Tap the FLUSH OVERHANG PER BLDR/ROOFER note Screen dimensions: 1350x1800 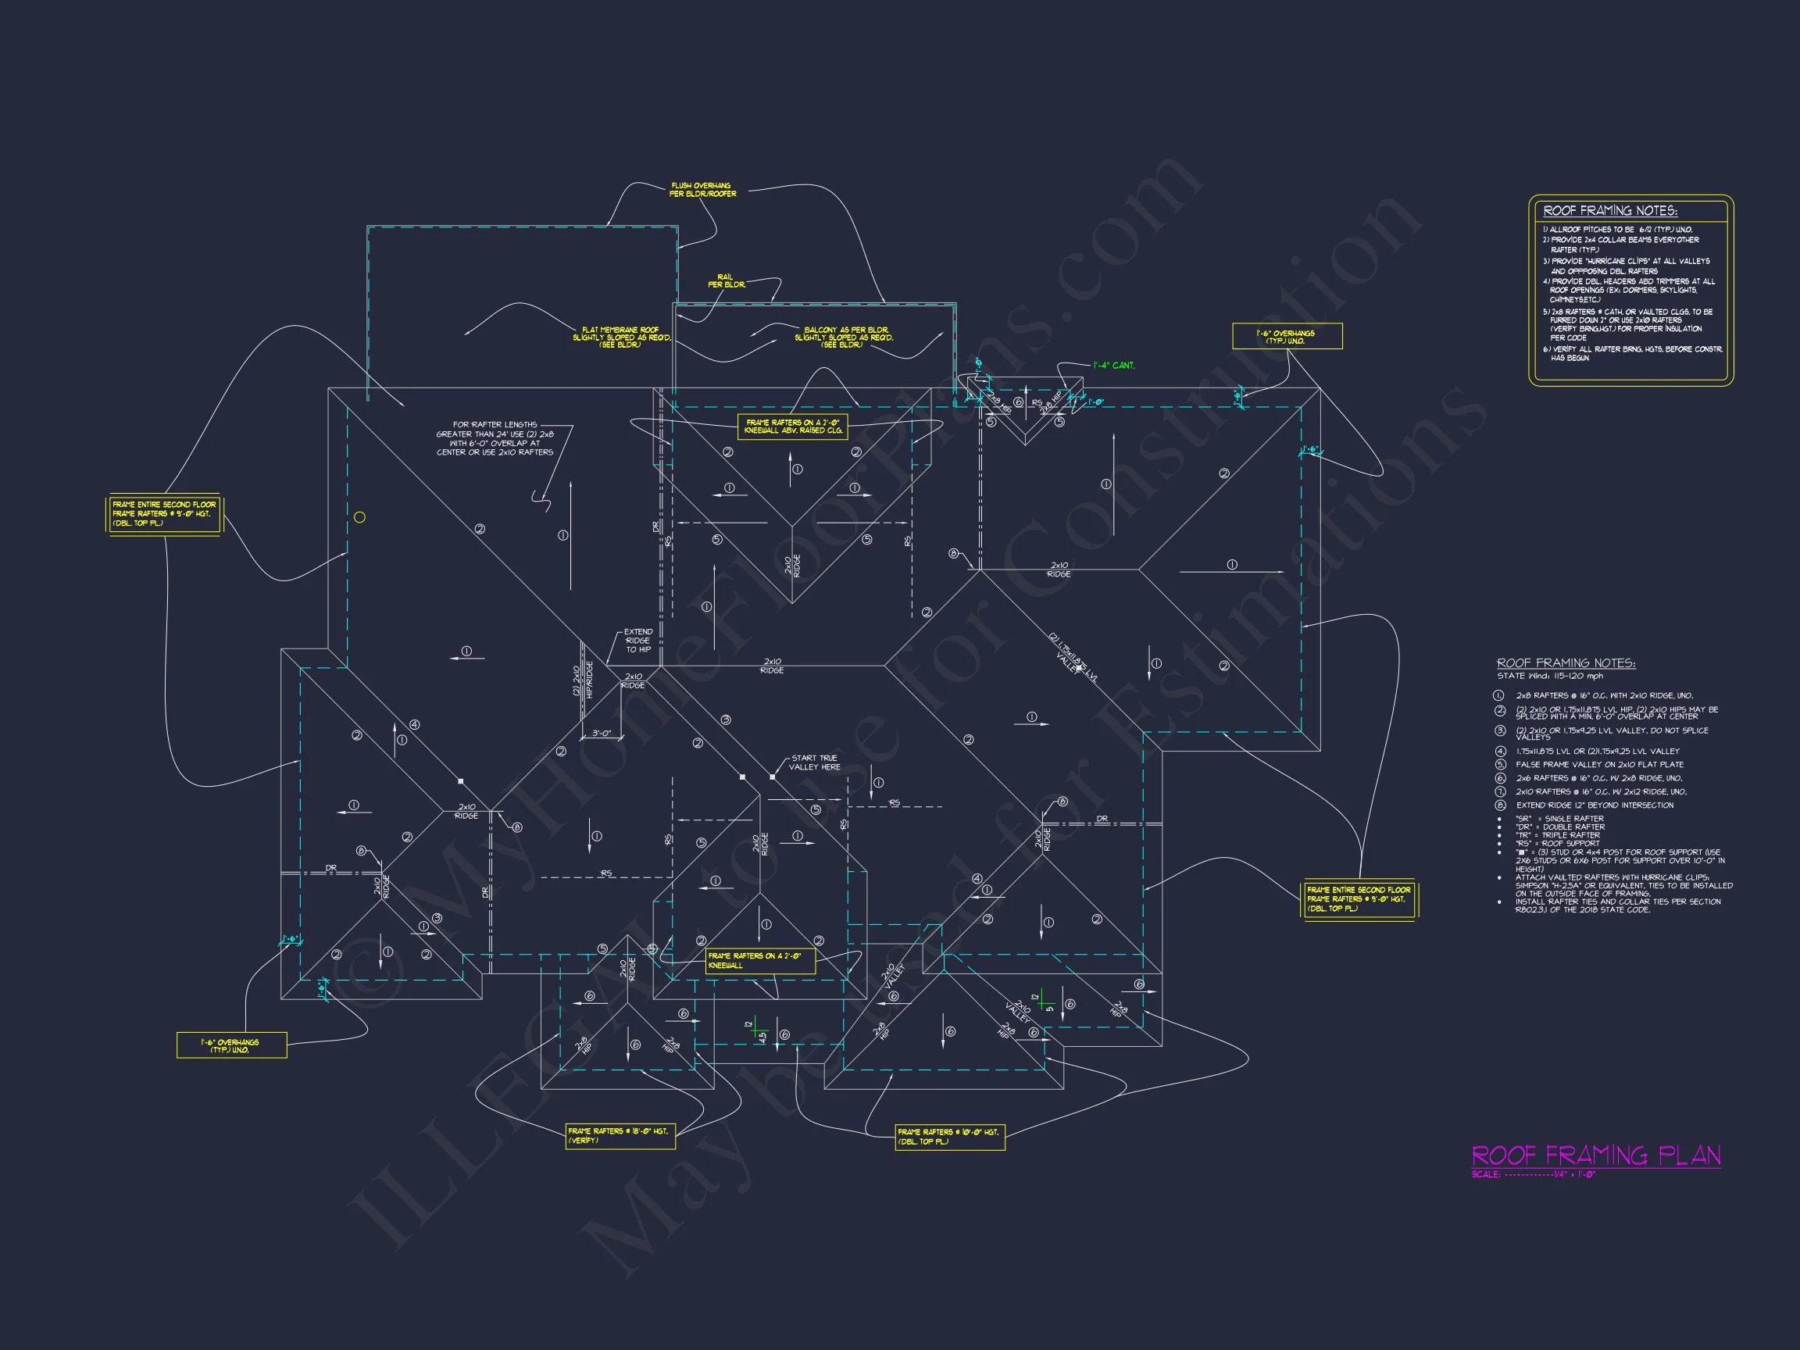point(702,191)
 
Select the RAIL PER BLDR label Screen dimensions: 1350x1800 point(726,280)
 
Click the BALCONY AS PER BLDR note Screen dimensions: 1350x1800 point(843,337)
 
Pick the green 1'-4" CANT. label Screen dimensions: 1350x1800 point(1113,366)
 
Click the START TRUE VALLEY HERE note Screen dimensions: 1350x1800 point(813,762)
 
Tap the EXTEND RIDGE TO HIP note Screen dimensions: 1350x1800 point(638,641)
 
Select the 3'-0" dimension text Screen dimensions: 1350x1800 point(602,733)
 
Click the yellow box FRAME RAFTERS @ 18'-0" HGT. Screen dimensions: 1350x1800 point(620,1136)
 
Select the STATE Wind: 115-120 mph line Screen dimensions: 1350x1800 point(1549,677)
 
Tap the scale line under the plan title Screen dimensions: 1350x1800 point(1533,1175)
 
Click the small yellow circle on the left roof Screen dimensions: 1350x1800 point(359,516)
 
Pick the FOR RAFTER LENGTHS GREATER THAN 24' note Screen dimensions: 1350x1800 point(495,438)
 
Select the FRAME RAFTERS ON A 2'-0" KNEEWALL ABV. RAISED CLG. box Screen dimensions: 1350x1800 point(794,427)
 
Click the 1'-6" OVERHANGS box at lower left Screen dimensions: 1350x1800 point(231,1045)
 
